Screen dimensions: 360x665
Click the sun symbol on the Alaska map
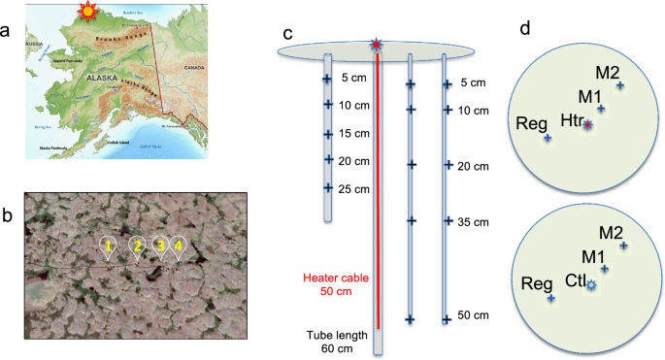[89, 13]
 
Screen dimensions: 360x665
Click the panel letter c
[287, 32]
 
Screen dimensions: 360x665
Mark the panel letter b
[8, 214]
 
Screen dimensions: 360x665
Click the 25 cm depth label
[356, 187]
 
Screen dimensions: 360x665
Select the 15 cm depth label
[356, 133]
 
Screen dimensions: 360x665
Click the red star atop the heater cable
[377, 45]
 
